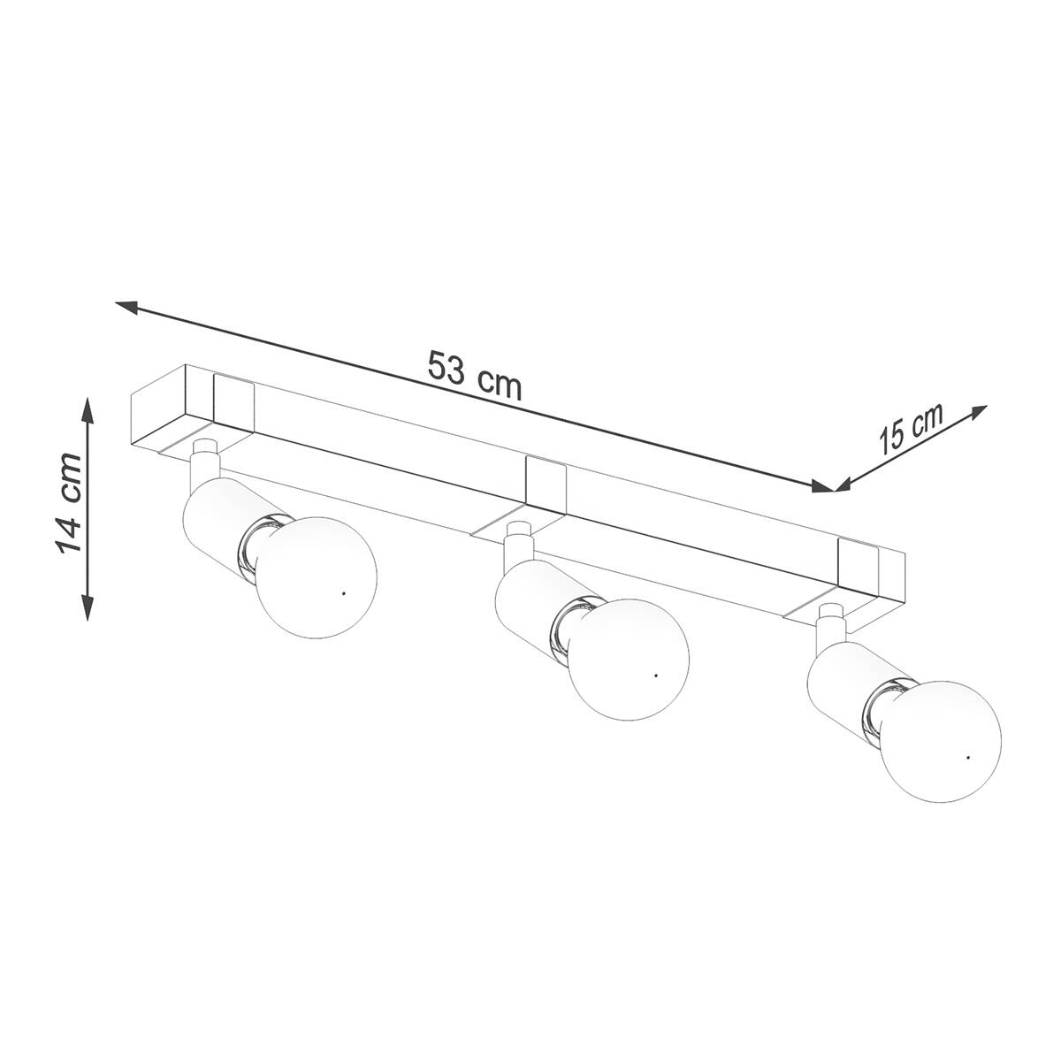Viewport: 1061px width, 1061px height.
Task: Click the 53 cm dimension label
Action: click(474, 376)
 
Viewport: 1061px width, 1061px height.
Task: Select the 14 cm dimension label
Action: click(69, 503)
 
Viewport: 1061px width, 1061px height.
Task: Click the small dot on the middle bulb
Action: click(656, 675)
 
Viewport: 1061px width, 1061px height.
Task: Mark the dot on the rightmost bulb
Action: click(968, 758)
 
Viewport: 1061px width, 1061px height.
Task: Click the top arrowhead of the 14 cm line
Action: click(87, 408)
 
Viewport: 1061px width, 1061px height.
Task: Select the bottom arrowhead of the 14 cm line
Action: click(87, 608)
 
